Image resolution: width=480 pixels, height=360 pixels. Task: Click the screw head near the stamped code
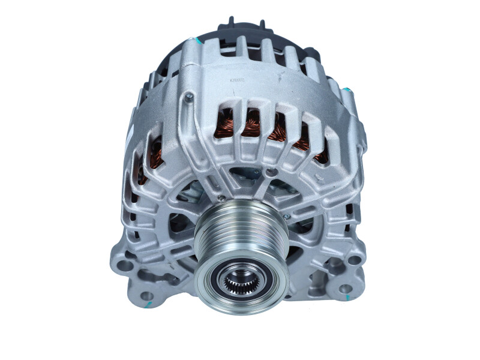tap(189, 96)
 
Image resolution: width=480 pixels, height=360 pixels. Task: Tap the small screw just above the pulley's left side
tap(221, 198)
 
